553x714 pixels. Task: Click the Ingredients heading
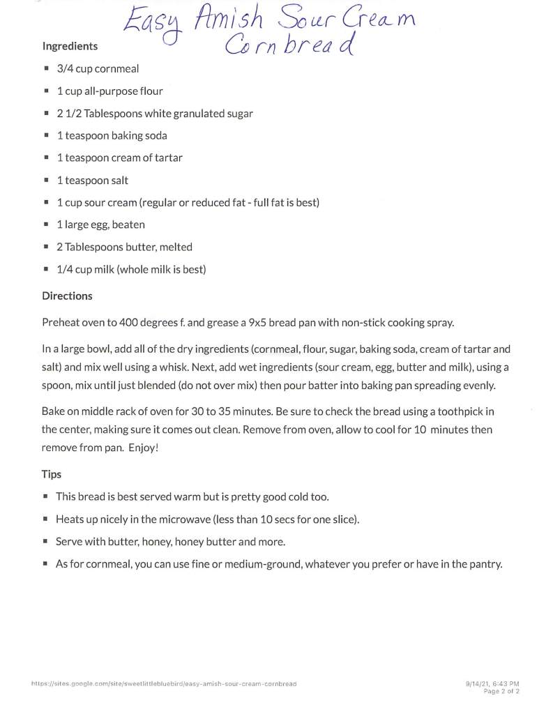[x=70, y=46]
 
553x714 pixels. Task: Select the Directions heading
[x=67, y=296]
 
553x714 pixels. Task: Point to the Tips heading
[x=52, y=474]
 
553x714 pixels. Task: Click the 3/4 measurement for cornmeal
[x=64, y=68]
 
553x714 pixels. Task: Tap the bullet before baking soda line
[x=46, y=135]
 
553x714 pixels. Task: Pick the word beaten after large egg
[x=128, y=225]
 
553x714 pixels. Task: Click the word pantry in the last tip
[x=484, y=564]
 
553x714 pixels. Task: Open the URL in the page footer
[x=164, y=684]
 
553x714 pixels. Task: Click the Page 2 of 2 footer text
[x=501, y=691]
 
